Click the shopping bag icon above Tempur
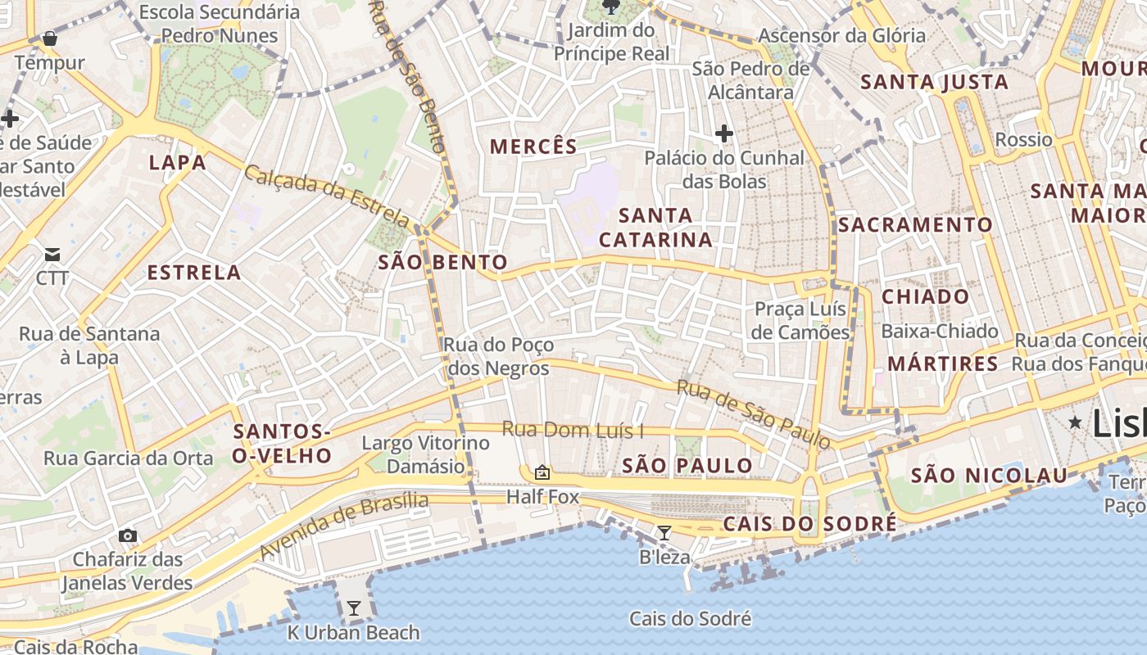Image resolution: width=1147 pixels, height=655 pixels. tap(50, 38)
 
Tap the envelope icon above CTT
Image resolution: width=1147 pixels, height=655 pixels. tap(52, 255)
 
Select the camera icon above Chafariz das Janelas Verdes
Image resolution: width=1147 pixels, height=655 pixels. tap(127, 535)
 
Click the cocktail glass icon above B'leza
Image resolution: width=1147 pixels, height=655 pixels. tap(664, 533)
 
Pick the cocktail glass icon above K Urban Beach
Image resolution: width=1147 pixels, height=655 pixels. tap(354, 608)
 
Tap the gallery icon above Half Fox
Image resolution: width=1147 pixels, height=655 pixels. tap(542, 472)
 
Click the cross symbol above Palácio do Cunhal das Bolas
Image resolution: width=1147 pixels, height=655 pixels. tap(723, 133)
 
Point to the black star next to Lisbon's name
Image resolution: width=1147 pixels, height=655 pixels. tap(1075, 422)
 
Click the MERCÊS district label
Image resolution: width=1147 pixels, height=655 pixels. tap(533, 147)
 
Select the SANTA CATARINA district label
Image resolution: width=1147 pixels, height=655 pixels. tap(655, 228)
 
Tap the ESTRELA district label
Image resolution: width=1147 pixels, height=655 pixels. tap(194, 273)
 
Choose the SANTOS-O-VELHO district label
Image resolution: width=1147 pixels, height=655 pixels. tap(282, 444)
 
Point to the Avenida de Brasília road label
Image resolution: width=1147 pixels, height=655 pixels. tap(344, 526)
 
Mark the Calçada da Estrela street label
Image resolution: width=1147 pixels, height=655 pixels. tap(327, 196)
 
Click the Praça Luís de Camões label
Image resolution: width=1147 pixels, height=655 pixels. tap(801, 321)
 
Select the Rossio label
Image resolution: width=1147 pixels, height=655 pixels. tap(1023, 140)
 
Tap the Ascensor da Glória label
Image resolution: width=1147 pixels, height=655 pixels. tap(841, 36)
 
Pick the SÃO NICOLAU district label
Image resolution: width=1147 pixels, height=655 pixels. tap(990, 476)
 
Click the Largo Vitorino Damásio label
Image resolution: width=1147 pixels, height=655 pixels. tap(425, 455)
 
